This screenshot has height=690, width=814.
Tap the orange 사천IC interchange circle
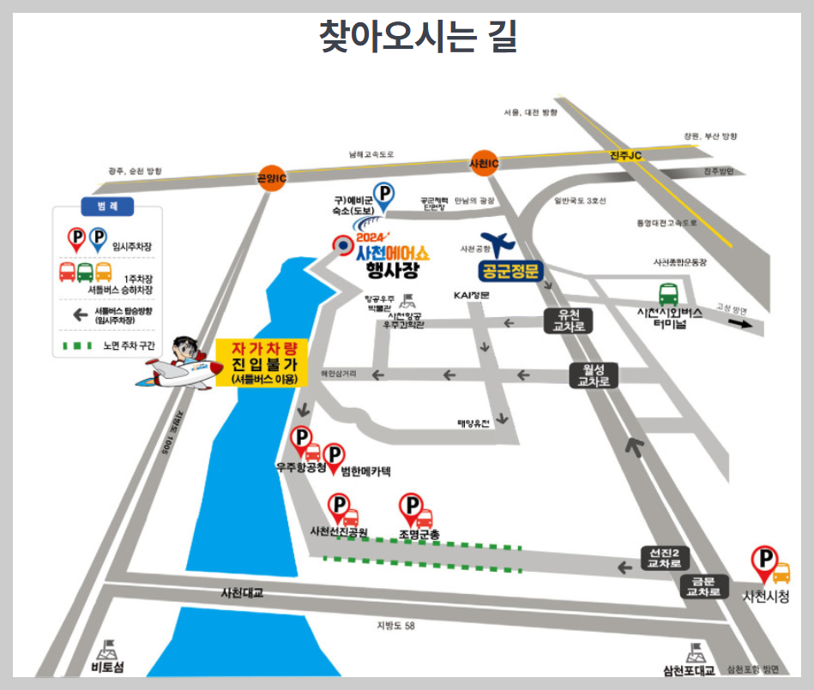pyautogui.click(x=484, y=162)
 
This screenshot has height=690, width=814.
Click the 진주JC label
pyautogui.click(x=625, y=155)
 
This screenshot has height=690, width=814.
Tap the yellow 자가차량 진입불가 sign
pyautogui.click(x=263, y=362)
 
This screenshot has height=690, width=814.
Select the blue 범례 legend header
pyautogui.click(x=106, y=206)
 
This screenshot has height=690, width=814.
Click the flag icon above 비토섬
pyautogui.click(x=109, y=648)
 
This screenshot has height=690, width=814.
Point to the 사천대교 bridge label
pyautogui.click(x=242, y=592)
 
